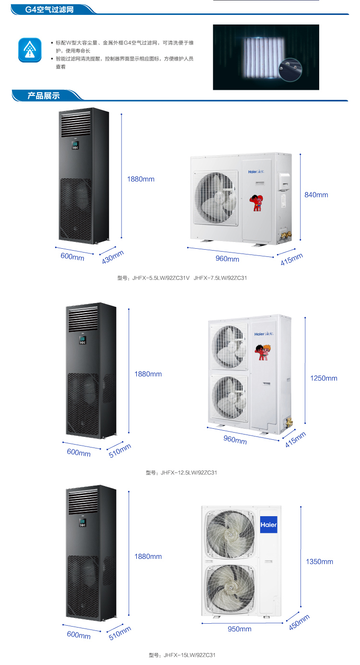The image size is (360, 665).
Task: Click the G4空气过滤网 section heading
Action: pyautogui.click(x=49, y=9)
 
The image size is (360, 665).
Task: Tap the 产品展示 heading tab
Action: pyautogui.click(x=43, y=95)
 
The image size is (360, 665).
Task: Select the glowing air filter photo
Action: pyautogui.click(x=266, y=57)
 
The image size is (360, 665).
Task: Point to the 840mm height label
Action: pyautogui.click(x=316, y=194)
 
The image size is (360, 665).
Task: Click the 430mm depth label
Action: pyautogui.click(x=113, y=257)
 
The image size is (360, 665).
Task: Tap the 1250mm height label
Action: pyautogui.click(x=324, y=378)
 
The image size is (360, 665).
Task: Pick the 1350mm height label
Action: pyautogui.click(x=319, y=561)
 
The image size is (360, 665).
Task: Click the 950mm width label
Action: pyautogui.click(x=239, y=629)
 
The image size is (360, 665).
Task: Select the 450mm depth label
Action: pyautogui.click(x=300, y=622)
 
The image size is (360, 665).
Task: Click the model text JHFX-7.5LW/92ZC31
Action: pyautogui.click(x=220, y=278)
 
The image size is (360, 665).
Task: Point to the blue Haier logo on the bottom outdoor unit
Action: pyautogui.click(x=268, y=525)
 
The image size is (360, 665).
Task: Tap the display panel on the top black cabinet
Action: pyautogui.click(x=75, y=145)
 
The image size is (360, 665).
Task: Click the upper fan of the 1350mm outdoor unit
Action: pyautogui.click(x=229, y=532)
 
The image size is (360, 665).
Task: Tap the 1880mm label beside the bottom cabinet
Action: pyautogui.click(x=148, y=556)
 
